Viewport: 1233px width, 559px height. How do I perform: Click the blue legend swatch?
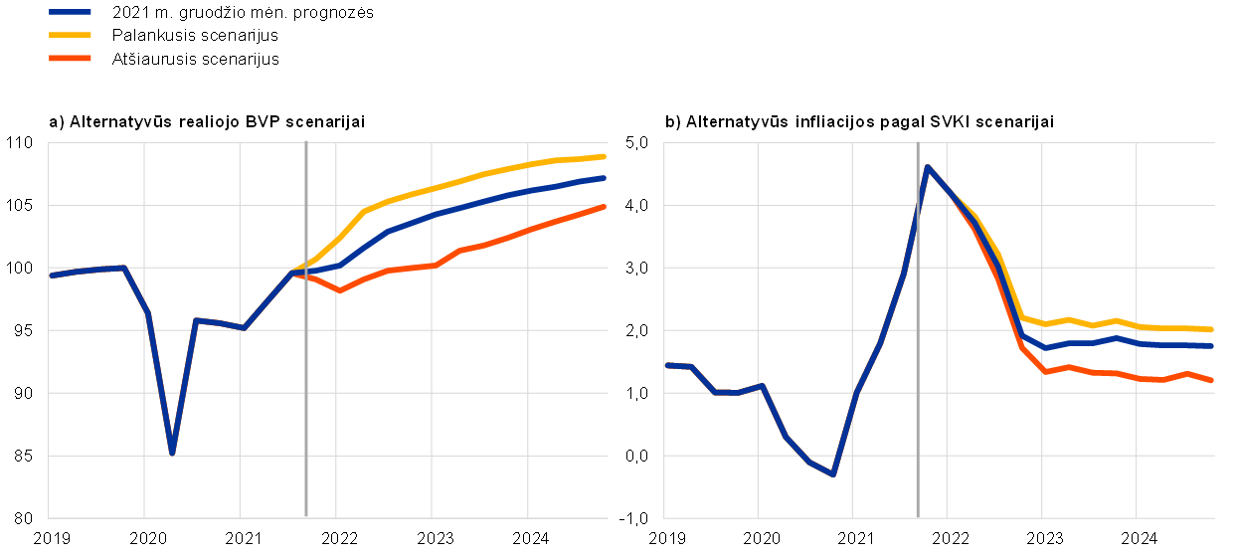click(x=70, y=12)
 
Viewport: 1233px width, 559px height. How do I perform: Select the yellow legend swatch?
click(x=70, y=35)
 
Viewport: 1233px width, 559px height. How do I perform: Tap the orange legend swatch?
click(x=70, y=59)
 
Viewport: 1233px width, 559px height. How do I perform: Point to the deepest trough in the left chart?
click(x=172, y=453)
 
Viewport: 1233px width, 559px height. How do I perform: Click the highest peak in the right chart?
click(x=927, y=167)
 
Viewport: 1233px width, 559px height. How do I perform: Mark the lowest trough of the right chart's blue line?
click(x=832, y=474)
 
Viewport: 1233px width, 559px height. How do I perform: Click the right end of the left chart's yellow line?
click(x=604, y=156)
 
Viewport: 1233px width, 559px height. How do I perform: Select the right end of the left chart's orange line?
click(x=604, y=207)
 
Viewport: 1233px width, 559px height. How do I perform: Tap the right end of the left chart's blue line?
click(x=604, y=178)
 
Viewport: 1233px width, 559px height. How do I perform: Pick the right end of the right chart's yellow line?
click(x=1211, y=329)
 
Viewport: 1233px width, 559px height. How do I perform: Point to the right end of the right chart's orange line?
click(x=1211, y=380)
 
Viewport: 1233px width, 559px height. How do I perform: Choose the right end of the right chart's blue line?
click(x=1211, y=346)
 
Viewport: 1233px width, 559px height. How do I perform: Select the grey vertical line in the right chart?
click(x=917, y=398)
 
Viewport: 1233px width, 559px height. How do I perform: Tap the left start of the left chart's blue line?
click(x=51, y=276)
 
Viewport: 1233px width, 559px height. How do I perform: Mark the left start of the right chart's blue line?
click(x=666, y=365)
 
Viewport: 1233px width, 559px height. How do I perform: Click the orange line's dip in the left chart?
click(x=338, y=290)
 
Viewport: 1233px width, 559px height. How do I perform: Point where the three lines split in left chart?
click(x=292, y=272)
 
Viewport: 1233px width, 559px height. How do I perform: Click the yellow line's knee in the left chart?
click(x=363, y=212)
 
